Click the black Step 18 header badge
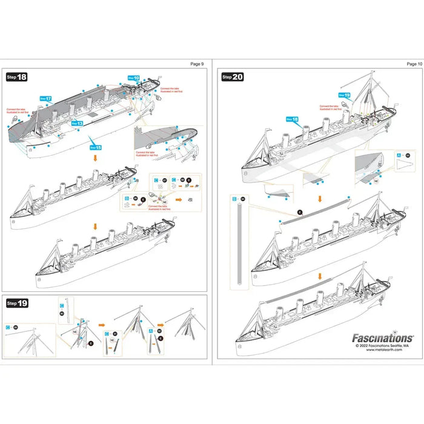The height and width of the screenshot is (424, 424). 16,77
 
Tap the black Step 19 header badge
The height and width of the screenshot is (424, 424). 16,302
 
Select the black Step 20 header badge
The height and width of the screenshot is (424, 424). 232,77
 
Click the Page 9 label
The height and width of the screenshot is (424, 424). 197,64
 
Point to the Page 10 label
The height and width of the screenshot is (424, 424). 414,64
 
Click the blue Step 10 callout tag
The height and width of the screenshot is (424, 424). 134,78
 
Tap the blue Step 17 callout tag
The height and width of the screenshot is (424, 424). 45,98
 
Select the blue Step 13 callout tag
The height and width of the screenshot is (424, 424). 77,123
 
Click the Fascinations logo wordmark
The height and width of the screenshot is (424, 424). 383,338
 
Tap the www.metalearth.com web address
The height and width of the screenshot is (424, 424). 390,353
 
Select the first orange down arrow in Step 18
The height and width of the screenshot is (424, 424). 94,157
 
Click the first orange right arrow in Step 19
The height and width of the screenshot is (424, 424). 102,325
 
